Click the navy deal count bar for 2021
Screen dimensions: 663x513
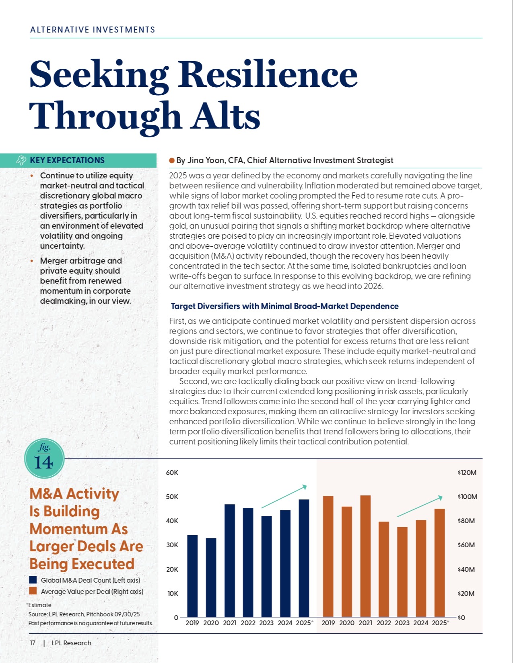tap(229, 561)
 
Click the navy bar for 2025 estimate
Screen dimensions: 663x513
tap(304, 558)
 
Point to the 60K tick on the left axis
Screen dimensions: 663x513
tap(172, 473)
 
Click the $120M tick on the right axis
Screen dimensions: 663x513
tap(467, 473)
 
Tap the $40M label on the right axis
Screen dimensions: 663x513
tap(466, 569)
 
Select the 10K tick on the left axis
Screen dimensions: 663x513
tap(172, 593)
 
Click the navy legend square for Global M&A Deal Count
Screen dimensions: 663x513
tap(33, 580)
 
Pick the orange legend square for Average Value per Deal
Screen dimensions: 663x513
tap(33, 591)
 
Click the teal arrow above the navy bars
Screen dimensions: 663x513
tap(284, 497)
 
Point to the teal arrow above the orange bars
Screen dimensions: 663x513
tap(420, 506)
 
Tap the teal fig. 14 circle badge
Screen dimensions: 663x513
tap(44, 458)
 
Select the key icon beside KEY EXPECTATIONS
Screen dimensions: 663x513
tap(21, 160)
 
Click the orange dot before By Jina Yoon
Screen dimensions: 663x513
tap(172, 160)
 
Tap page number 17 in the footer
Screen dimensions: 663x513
tap(33, 643)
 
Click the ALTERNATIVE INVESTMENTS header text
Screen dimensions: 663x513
tap(93, 30)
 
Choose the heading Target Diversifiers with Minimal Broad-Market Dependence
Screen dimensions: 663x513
tap(284, 306)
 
